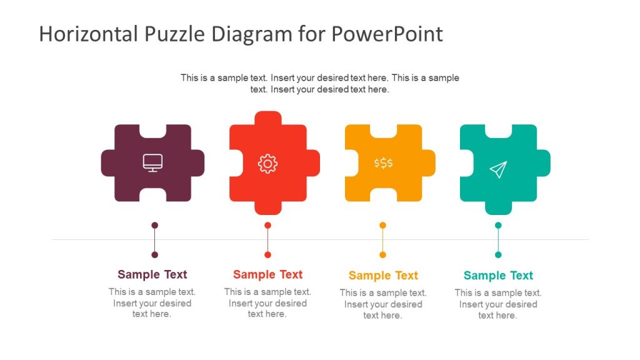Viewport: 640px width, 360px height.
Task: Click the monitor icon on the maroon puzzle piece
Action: tap(152, 162)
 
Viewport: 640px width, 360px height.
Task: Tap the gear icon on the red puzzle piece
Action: tap(267, 164)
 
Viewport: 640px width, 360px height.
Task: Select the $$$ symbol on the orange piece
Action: tap(383, 163)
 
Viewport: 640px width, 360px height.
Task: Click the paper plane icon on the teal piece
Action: tap(498, 169)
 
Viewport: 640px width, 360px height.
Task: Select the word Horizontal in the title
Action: tap(87, 34)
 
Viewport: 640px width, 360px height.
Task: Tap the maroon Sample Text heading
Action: tap(152, 274)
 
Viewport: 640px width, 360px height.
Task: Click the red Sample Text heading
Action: tap(267, 274)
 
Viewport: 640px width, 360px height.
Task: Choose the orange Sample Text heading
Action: tap(383, 276)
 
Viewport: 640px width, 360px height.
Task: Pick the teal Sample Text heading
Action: tap(498, 276)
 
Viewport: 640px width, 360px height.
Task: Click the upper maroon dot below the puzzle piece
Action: tap(155, 225)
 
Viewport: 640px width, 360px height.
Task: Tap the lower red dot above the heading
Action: tap(267, 254)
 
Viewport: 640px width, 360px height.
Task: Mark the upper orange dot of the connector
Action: tap(383, 225)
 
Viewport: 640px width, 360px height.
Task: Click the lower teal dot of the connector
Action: tap(498, 254)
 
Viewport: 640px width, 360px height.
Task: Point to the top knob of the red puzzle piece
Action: tap(268, 118)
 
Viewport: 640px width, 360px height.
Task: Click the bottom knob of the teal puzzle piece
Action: tap(498, 207)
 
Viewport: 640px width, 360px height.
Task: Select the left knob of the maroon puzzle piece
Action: tap(108, 163)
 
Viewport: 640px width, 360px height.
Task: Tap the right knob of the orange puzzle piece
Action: tap(429, 163)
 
